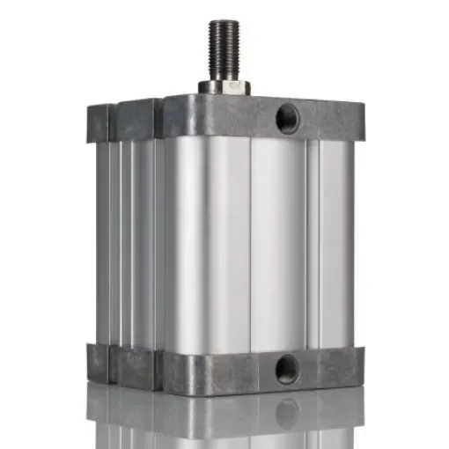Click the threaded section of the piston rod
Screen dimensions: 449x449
tap(222, 48)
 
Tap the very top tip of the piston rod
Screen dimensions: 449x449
tap(222, 21)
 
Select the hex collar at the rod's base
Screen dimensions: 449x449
tap(224, 86)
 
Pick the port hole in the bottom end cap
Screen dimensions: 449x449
tap(287, 369)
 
